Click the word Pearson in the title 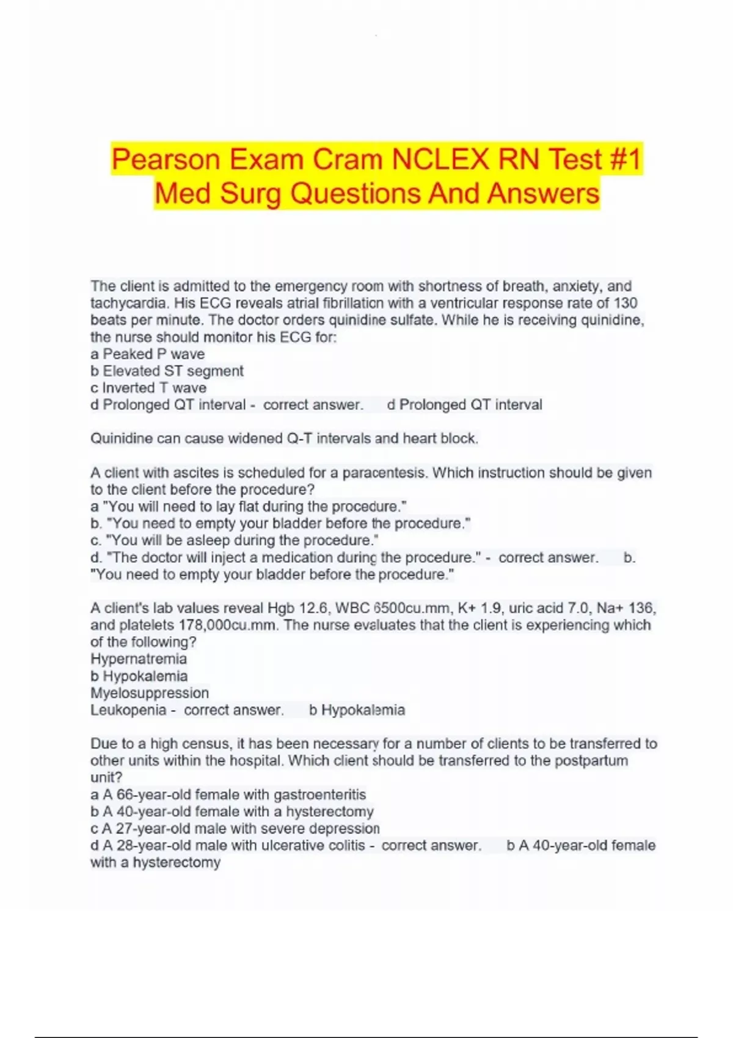(165, 160)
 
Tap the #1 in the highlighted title (625, 160)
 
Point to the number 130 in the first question (624, 303)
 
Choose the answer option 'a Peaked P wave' (147, 354)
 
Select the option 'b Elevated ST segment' (167, 371)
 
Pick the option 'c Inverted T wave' (148, 388)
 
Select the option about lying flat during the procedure (249, 507)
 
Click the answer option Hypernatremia (139, 659)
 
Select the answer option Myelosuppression (150, 693)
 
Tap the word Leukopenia (128, 710)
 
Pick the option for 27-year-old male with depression (235, 829)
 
